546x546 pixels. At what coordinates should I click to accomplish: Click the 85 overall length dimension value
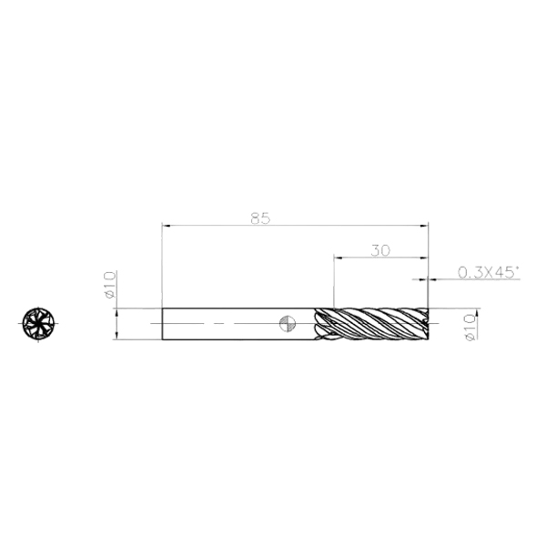(x=260, y=218)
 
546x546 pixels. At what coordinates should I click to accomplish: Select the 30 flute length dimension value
(x=380, y=250)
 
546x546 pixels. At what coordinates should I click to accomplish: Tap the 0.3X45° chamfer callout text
(x=488, y=272)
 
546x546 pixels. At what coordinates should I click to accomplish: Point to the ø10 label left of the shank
(x=109, y=285)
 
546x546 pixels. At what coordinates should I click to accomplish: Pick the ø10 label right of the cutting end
(x=470, y=328)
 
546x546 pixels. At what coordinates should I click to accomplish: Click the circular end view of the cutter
(x=38, y=323)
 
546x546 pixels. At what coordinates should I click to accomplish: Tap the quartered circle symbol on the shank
(x=288, y=324)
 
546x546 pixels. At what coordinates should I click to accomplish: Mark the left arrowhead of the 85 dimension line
(x=167, y=226)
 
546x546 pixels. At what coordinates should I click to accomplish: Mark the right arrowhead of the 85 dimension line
(x=424, y=226)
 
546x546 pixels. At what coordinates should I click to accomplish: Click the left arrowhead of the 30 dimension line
(x=339, y=258)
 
